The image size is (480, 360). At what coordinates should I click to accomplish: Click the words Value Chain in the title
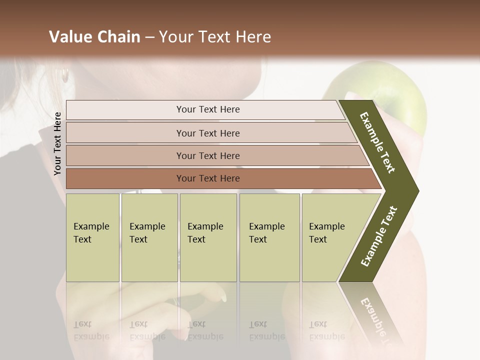click(94, 37)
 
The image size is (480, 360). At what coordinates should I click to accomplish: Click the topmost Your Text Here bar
click(207, 109)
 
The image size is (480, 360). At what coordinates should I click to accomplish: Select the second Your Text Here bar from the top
click(207, 133)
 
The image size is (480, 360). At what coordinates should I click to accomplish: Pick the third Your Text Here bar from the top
click(207, 155)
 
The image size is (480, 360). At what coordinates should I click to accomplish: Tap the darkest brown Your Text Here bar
click(207, 178)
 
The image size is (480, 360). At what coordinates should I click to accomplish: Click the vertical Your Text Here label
click(57, 143)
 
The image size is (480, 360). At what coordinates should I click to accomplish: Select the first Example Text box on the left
click(92, 237)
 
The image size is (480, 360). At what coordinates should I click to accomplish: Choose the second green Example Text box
click(149, 237)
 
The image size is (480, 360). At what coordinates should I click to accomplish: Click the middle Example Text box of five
click(208, 237)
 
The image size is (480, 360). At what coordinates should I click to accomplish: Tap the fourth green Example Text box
click(269, 237)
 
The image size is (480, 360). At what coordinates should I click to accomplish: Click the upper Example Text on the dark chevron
click(378, 142)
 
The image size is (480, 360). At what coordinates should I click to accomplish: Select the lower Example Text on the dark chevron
click(379, 236)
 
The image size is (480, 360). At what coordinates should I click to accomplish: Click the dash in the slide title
click(149, 37)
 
